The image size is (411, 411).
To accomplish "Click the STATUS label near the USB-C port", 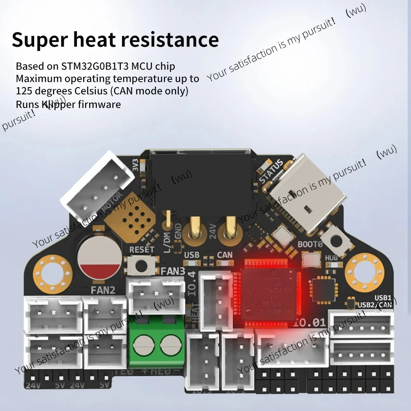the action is point(271,170).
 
